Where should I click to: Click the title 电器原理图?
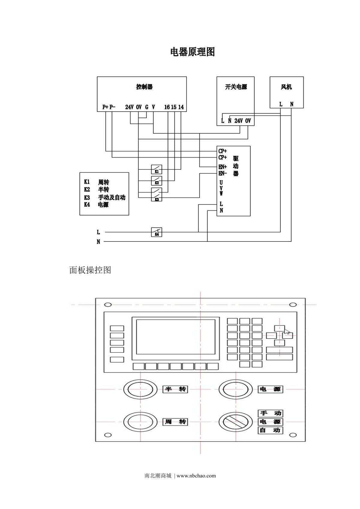click(x=192, y=52)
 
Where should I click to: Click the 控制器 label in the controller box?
click(x=144, y=87)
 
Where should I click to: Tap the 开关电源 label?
click(x=236, y=87)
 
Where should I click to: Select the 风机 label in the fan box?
click(x=286, y=87)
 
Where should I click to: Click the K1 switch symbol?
click(x=157, y=169)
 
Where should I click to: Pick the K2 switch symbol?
click(x=157, y=181)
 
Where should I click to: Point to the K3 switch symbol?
click(x=157, y=195)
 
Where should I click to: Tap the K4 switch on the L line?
click(x=157, y=232)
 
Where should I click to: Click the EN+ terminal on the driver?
click(x=223, y=167)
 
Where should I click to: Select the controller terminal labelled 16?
click(x=167, y=107)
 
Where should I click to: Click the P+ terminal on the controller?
click(x=105, y=107)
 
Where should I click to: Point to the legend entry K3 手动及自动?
click(x=104, y=197)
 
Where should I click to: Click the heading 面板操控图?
click(x=90, y=270)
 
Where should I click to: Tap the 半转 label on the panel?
click(x=175, y=389)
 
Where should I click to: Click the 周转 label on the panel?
click(x=175, y=422)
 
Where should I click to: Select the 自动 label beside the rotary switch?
click(x=270, y=430)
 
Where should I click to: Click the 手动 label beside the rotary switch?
click(x=270, y=413)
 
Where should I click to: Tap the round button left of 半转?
click(x=140, y=389)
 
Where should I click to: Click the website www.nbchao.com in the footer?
click(x=196, y=475)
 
